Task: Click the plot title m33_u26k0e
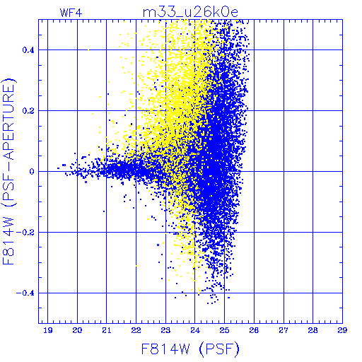click(x=190, y=12)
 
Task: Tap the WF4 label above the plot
click(x=71, y=13)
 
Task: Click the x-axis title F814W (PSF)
click(x=190, y=349)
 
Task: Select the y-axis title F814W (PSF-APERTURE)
click(x=8, y=171)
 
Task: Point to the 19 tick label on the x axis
click(x=48, y=330)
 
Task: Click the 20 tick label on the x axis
click(x=77, y=330)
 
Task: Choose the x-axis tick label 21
click(x=107, y=330)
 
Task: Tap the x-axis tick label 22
click(x=136, y=330)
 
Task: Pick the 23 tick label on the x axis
click(x=165, y=330)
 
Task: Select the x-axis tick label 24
click(x=195, y=330)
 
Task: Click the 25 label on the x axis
click(x=224, y=330)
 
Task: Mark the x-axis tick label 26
click(x=254, y=330)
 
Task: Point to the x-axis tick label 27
click(x=284, y=330)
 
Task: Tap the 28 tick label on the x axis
click(x=313, y=330)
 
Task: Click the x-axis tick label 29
click(x=342, y=330)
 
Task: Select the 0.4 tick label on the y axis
click(x=28, y=50)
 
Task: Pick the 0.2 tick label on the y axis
click(x=28, y=110)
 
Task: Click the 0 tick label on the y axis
click(x=32, y=171)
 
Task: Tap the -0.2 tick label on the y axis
click(x=25, y=232)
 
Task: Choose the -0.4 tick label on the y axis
click(x=25, y=293)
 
